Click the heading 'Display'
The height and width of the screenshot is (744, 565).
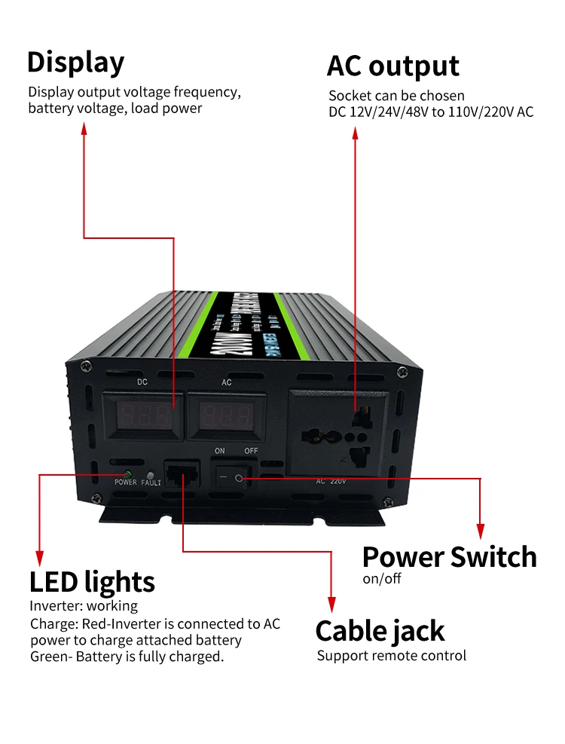click(75, 63)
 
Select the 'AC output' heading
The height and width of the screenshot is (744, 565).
click(392, 66)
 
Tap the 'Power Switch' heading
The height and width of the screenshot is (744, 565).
click(449, 557)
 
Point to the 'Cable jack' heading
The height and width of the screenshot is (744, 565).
click(380, 631)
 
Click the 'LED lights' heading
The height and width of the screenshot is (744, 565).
click(92, 582)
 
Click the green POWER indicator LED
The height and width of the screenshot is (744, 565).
click(118, 473)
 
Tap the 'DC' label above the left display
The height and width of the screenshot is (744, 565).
click(142, 382)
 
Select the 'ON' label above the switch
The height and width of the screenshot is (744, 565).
click(220, 451)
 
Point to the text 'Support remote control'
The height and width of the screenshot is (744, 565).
click(391, 656)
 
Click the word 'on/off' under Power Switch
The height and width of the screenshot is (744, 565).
click(382, 579)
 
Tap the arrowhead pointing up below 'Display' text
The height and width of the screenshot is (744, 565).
click(84, 130)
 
